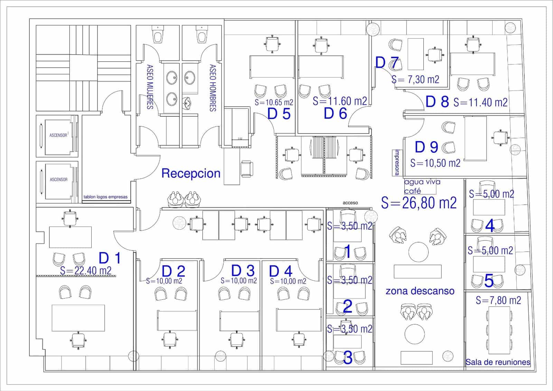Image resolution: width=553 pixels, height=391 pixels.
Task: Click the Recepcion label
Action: (x=191, y=173)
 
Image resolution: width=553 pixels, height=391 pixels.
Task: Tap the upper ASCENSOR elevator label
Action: (x=58, y=135)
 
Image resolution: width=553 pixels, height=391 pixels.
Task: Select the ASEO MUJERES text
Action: (x=150, y=87)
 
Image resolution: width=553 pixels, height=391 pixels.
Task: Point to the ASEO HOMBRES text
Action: (x=213, y=88)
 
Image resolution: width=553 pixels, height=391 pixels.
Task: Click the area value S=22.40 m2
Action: (x=86, y=271)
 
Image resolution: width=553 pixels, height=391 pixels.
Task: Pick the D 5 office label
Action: (x=279, y=114)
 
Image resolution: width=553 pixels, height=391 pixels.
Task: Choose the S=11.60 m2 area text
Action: (x=339, y=101)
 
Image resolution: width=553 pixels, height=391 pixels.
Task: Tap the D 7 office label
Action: (x=387, y=63)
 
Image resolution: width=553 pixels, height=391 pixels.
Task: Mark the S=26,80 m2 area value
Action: (x=419, y=203)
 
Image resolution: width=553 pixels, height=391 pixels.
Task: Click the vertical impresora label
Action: (x=397, y=162)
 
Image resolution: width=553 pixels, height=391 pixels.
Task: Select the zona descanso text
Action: (x=420, y=291)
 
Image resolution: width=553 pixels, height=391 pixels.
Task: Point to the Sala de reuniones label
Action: (x=498, y=362)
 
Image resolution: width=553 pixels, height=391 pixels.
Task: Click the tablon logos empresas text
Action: (x=105, y=197)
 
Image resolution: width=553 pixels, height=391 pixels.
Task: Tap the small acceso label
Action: (x=350, y=203)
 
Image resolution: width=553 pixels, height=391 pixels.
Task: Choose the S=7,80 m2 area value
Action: (x=498, y=300)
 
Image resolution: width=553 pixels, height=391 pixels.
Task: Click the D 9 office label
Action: (x=427, y=147)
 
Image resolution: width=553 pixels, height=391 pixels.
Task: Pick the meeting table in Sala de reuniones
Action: (x=499, y=330)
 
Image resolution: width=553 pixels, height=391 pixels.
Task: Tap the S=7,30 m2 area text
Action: (x=415, y=80)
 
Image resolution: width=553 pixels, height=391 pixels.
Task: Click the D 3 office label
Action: (x=243, y=270)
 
